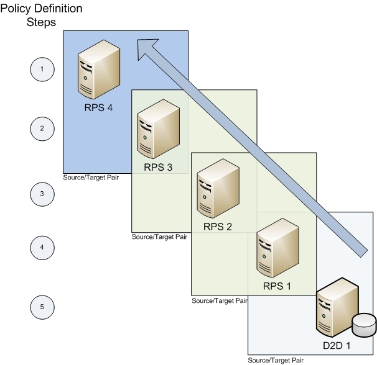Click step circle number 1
[42, 69]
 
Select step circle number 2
[42, 129]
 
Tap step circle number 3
[42, 194]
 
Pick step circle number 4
[42, 247]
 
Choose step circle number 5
[42, 307]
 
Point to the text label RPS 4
[99, 107]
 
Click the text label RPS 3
[158, 167]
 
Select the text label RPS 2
[218, 227]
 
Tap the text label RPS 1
[277, 286]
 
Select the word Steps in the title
[42, 23]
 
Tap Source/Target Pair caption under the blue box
[91, 178]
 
